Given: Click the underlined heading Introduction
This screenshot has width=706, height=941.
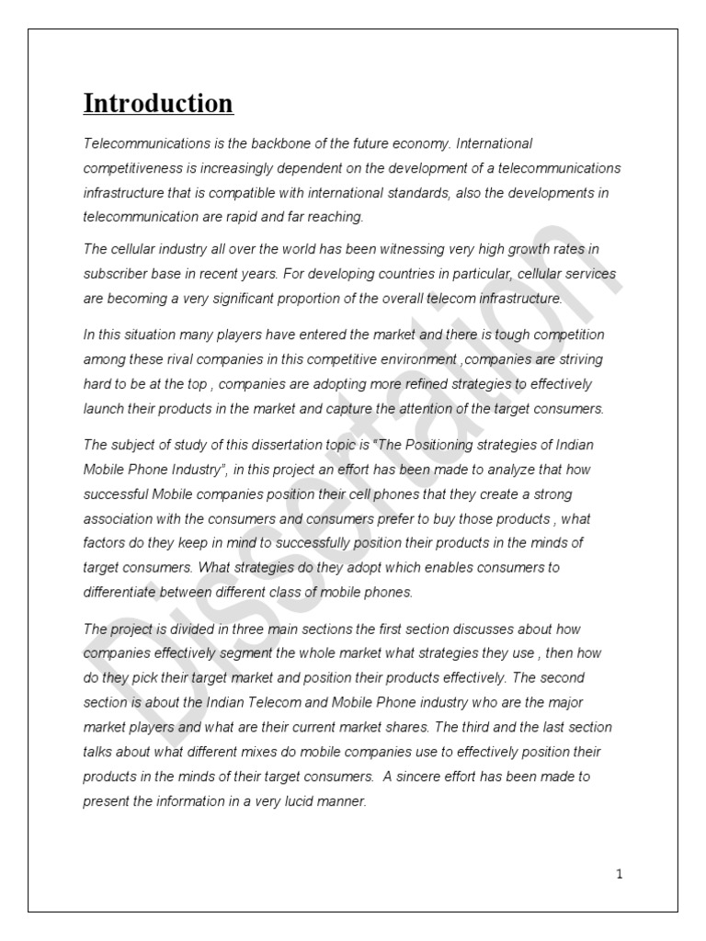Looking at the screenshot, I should tap(158, 104).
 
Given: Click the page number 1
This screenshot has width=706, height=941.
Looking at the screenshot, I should tap(620, 874).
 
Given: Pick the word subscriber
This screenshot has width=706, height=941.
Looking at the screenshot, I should tap(115, 274).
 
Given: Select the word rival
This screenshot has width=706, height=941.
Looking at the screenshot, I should tap(176, 359).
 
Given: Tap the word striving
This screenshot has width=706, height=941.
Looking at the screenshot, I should tap(582, 359).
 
